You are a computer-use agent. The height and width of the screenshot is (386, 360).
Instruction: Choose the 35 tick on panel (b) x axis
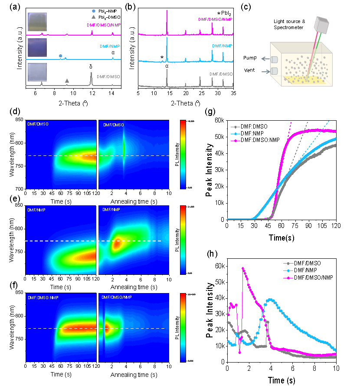[x=233, y=92]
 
